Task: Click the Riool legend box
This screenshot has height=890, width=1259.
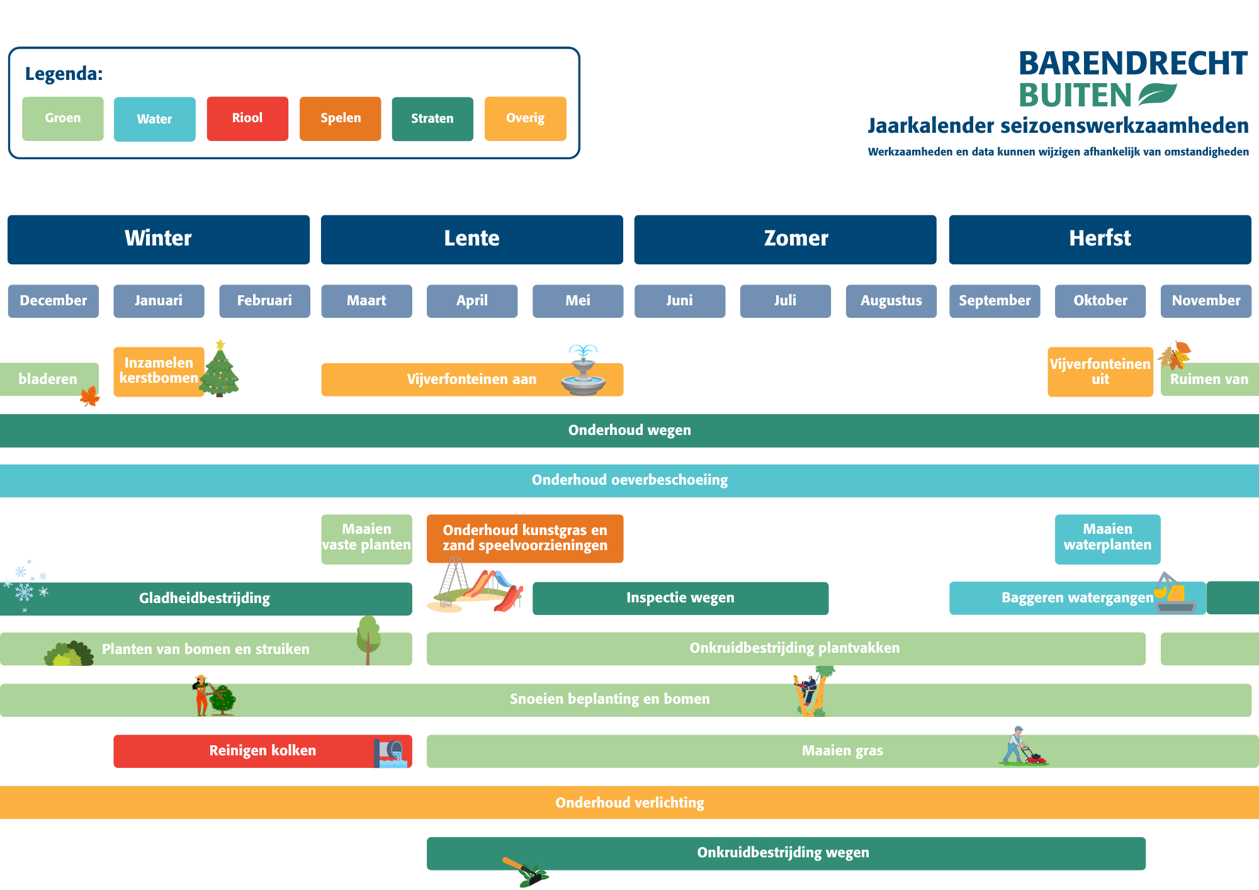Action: pyautogui.click(x=247, y=118)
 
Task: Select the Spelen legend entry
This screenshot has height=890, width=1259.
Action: pyautogui.click(x=340, y=118)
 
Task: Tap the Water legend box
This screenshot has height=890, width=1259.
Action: pyautogui.click(x=155, y=119)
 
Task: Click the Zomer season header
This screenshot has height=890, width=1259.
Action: pyautogui.click(x=785, y=239)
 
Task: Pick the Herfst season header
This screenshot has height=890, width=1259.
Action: pyautogui.click(x=1100, y=239)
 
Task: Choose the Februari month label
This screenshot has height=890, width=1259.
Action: pyautogui.click(x=264, y=301)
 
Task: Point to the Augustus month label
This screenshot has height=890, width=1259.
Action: pyautogui.click(x=891, y=301)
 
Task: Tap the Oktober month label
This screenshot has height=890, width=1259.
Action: pyautogui.click(x=1100, y=301)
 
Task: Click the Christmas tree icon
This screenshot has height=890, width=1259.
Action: pyautogui.click(x=220, y=371)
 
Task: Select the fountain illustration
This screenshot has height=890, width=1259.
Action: pyautogui.click(x=584, y=371)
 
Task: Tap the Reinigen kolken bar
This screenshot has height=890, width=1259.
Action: pyautogui.click(x=263, y=751)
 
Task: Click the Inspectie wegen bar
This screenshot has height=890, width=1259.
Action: pyautogui.click(x=680, y=598)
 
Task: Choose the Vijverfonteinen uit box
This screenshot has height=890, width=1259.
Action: pyautogui.click(x=1100, y=372)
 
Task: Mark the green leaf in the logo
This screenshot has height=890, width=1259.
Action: pyautogui.click(x=1157, y=95)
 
